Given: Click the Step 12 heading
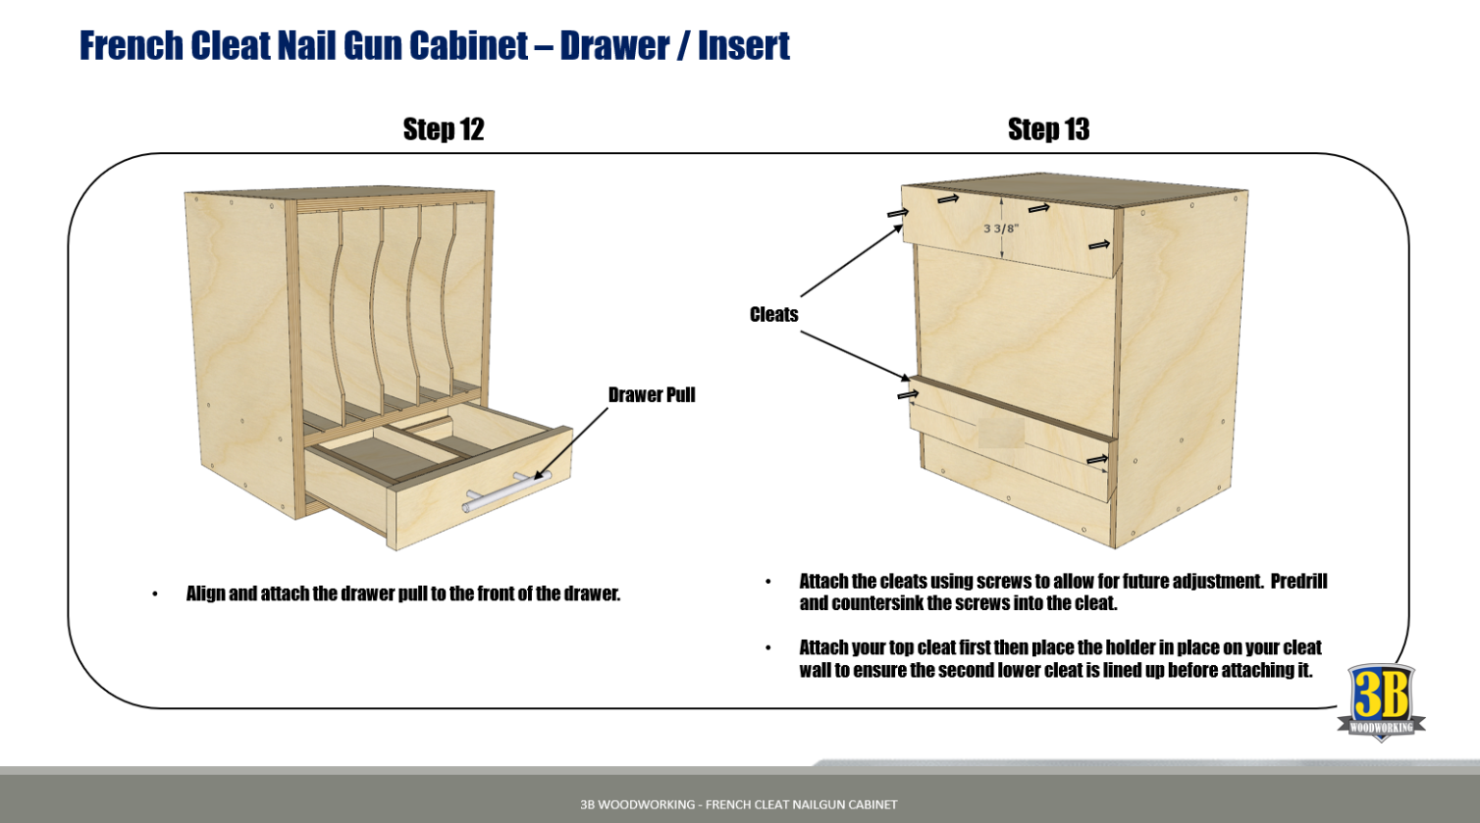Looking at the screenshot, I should click(x=443, y=129).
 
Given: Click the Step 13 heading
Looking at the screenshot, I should click(x=1048, y=129).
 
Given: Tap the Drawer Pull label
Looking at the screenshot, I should click(x=651, y=395).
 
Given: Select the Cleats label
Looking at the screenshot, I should click(x=774, y=315).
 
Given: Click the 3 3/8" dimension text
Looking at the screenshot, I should click(x=1000, y=229).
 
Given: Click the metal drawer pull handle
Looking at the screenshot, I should click(x=505, y=490).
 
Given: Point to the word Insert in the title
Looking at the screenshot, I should click(x=743, y=45).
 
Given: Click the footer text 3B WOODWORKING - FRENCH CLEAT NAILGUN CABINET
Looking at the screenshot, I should click(x=738, y=804).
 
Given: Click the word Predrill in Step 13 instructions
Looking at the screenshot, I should click(x=1298, y=581).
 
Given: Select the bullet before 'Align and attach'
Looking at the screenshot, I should click(x=155, y=595).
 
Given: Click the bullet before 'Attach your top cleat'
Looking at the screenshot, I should click(x=768, y=648).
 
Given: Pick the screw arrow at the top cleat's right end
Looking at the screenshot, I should click(x=1099, y=245).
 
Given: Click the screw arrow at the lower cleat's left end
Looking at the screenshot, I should click(x=908, y=394).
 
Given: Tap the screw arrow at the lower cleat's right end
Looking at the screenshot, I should click(x=1097, y=460).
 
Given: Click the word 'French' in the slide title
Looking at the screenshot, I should click(x=131, y=45).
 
